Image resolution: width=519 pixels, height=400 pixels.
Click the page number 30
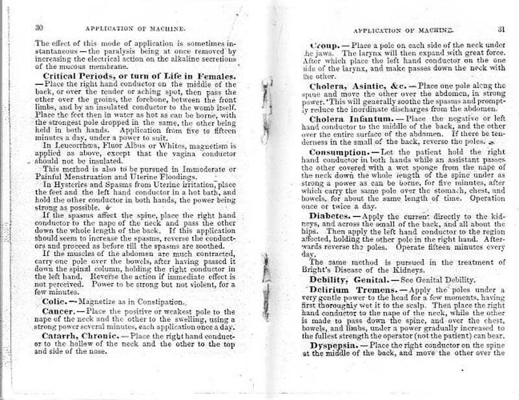point(38,28)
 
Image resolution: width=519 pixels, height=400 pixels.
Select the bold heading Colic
point(50,301)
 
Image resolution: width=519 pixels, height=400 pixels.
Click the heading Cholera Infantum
point(349,119)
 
